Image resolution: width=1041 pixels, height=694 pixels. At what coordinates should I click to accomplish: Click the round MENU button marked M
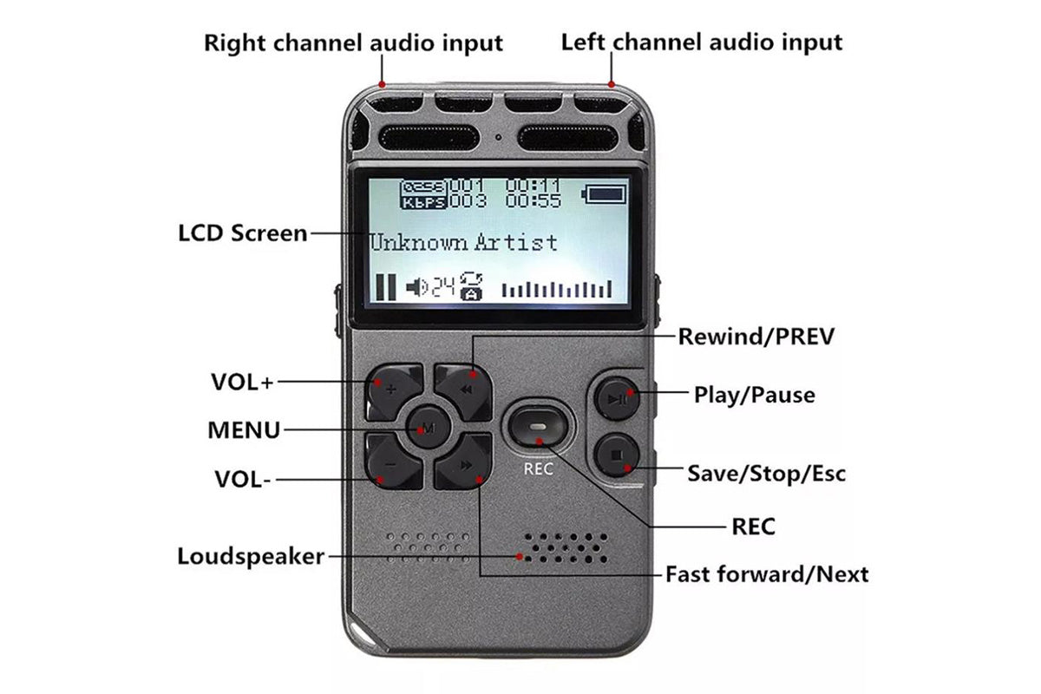pos(428,427)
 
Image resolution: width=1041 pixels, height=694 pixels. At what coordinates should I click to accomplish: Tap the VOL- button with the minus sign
pos(393,462)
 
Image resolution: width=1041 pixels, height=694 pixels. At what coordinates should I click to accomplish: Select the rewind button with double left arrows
pos(464,391)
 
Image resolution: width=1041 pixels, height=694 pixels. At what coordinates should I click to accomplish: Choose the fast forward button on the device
pos(464,462)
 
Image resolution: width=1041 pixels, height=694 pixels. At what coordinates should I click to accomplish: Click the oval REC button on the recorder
pos(538,426)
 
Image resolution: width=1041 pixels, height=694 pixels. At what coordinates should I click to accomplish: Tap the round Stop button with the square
pos(617,455)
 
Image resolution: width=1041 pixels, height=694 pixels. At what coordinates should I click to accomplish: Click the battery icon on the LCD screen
pos(604,193)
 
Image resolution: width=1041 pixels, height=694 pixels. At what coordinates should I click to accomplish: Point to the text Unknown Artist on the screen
pos(463,243)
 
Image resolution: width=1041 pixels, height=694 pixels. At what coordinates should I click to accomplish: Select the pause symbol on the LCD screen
pos(386,287)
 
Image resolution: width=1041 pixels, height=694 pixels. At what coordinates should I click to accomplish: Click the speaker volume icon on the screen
pos(416,287)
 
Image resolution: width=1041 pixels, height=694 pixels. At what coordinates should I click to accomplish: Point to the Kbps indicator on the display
pos(424,203)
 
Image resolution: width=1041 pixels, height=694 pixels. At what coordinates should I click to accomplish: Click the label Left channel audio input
pos(702,43)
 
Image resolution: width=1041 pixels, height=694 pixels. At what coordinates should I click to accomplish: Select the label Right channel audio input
pos(353,43)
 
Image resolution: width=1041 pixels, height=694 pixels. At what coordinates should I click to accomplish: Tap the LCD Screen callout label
pos(243,233)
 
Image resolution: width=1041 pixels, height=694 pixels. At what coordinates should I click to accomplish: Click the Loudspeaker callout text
pos(251,556)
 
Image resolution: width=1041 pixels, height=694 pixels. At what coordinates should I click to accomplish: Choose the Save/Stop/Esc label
pos(767,474)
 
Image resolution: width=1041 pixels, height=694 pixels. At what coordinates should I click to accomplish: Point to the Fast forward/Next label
pos(767,574)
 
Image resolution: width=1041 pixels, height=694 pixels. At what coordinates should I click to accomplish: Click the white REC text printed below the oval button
pos(538,469)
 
